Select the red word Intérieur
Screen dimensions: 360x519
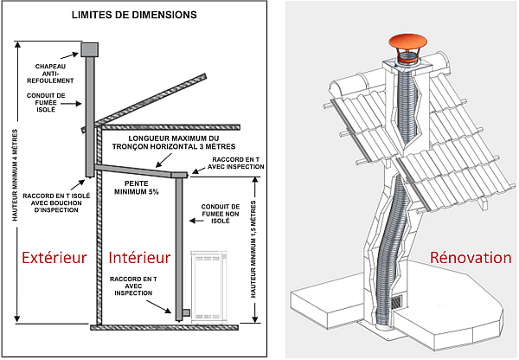tap(140, 257)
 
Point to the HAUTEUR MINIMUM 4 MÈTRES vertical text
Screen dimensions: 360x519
tap(15, 183)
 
